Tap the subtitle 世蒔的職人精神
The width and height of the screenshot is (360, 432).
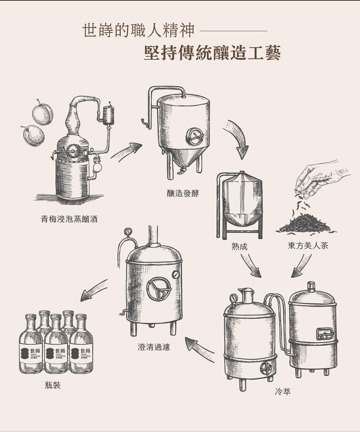point(138,31)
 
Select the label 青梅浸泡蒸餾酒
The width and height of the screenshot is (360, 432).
point(69,220)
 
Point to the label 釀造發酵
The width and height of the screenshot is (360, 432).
point(183,194)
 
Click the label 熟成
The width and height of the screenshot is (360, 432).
point(239,247)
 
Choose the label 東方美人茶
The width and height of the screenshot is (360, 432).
point(308,246)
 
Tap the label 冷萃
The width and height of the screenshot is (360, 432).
point(283,392)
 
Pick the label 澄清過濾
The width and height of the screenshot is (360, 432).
point(154,347)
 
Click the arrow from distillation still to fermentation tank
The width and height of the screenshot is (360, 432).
point(126,151)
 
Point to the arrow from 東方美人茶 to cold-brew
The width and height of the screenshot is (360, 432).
point(301,265)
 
